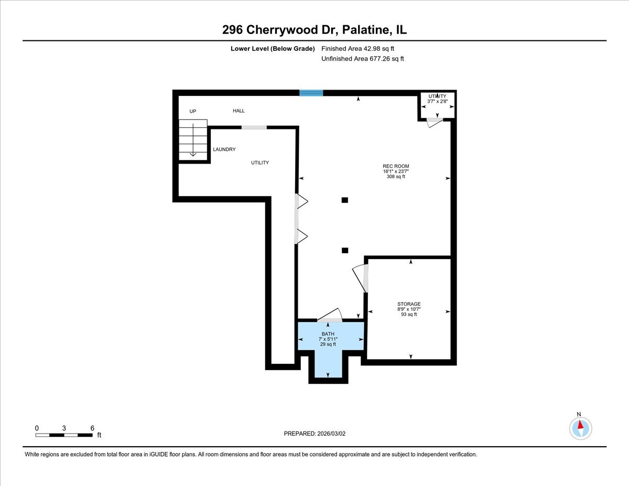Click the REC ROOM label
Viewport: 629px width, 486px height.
click(x=396, y=166)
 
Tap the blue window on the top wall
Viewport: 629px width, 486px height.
click(x=311, y=93)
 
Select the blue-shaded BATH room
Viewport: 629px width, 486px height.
click(x=328, y=346)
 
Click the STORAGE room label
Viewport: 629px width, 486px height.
click(x=408, y=304)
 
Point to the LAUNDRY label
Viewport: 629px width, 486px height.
click(x=224, y=149)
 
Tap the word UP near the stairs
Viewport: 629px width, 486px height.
click(x=193, y=112)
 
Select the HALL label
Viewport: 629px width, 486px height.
click(x=238, y=111)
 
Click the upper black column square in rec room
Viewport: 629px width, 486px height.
click(x=344, y=200)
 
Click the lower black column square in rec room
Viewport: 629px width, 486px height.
click(x=344, y=251)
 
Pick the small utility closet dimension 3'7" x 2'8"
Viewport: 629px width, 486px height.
click(x=437, y=102)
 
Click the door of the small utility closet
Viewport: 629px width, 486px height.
click(x=433, y=123)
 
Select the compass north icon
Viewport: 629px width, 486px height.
click(x=580, y=428)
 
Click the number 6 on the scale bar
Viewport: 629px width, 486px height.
click(x=92, y=428)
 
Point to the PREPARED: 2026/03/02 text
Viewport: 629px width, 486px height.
click(x=316, y=434)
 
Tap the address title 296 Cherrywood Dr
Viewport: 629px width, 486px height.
click(x=314, y=30)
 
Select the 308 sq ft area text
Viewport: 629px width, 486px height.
click(x=396, y=177)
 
